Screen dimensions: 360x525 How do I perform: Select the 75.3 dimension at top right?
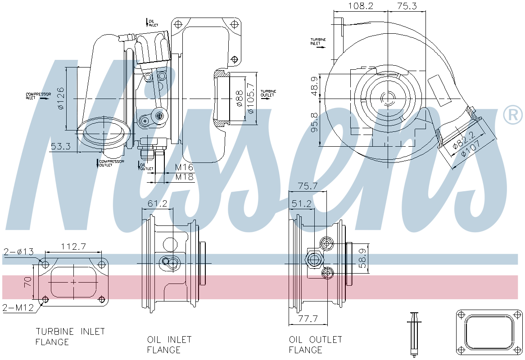pyautogui.click(x=406, y=6)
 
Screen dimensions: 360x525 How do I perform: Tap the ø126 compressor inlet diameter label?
pyautogui.click(x=61, y=98)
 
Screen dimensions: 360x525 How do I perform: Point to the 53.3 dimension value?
pyautogui.click(x=60, y=146)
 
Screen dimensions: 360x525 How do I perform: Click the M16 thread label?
pyautogui.click(x=184, y=167)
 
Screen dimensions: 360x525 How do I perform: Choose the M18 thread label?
pyautogui.click(x=184, y=177)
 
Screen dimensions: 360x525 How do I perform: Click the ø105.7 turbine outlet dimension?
pyautogui.click(x=251, y=98)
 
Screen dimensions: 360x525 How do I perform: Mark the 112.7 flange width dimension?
pyautogui.click(x=73, y=247)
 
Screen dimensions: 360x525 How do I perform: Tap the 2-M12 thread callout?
pyautogui.click(x=18, y=308)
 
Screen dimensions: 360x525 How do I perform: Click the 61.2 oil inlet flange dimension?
pyautogui.click(x=157, y=204)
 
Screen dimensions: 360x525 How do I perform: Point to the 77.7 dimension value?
pyautogui.click(x=308, y=319)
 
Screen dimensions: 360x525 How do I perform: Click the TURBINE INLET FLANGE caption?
pyautogui.click(x=70, y=337)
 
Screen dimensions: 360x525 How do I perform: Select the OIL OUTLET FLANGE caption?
pyautogui.click(x=315, y=344)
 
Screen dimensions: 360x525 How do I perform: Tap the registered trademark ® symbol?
pyautogui.click(x=512, y=115)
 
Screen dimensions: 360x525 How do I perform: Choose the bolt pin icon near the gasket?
pyautogui.click(x=413, y=333)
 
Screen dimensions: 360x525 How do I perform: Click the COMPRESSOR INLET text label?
pyautogui.click(x=38, y=96)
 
